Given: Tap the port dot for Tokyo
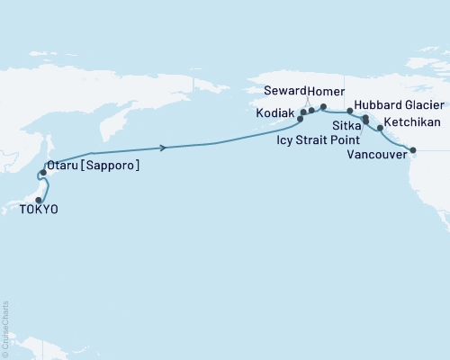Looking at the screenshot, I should tap(39, 200).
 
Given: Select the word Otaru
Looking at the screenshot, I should tap(67, 166).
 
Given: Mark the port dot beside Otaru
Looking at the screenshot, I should tap(43, 171).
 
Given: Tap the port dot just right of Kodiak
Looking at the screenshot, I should tap(303, 112).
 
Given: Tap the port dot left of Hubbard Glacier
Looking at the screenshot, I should tap(350, 111).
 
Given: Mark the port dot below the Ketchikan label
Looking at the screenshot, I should tap(380, 128).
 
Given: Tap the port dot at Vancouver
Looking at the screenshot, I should tap(413, 149).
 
